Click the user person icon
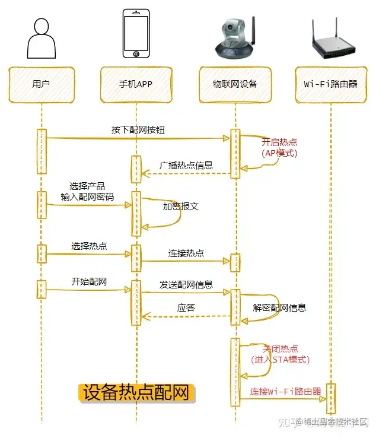[42, 38]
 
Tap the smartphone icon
[136, 34]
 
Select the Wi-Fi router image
[330, 40]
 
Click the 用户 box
[41, 84]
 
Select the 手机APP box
[136, 84]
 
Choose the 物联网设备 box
[235, 84]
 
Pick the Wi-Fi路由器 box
[330, 84]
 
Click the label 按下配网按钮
[136, 129]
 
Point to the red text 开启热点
[279, 142]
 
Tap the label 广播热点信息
[186, 166]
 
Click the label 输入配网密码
[87, 196]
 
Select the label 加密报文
[180, 207]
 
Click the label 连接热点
[186, 253]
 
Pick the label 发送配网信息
[186, 285]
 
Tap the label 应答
[186, 308]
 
